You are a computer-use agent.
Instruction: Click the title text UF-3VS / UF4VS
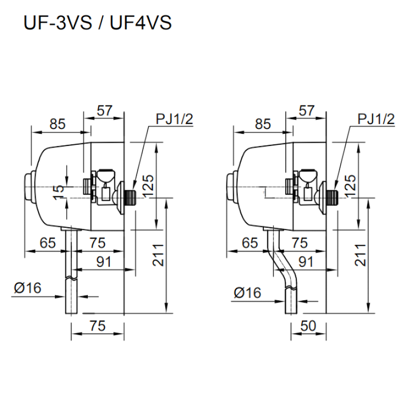pos(97,23)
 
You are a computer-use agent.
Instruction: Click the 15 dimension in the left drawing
pos(59,192)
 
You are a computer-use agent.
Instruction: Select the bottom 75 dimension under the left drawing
pos(97,326)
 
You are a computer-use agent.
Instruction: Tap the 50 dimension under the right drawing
pos(309,326)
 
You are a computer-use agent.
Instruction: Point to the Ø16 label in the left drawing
pos(28,288)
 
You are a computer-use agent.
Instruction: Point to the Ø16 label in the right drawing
pos(247,293)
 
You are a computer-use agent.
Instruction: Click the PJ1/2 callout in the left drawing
pos(174,119)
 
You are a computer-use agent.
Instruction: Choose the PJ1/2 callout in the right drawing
pos(376,119)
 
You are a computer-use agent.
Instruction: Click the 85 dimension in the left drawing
pos(58,124)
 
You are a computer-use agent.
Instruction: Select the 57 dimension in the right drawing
pos(306,111)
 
